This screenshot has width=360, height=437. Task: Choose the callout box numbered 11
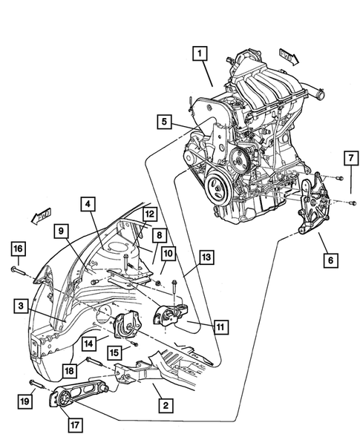click(x=221, y=326)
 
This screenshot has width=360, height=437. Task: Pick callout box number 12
click(x=150, y=214)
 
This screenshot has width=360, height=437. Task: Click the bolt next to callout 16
click(x=20, y=272)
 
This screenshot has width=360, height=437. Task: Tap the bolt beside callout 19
click(x=36, y=383)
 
